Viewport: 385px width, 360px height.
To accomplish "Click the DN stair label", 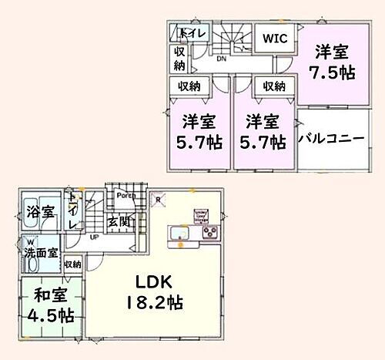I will [219, 59].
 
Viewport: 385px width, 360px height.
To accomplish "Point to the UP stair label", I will [94, 237].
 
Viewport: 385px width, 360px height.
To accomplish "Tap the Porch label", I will [127, 195].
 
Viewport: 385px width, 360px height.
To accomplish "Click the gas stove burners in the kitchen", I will [211, 231].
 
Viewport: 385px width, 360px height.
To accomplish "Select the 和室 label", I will [48, 294].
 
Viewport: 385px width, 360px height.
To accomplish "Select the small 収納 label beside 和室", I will [73, 264].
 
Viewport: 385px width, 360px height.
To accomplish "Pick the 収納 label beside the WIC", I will [273, 86].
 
